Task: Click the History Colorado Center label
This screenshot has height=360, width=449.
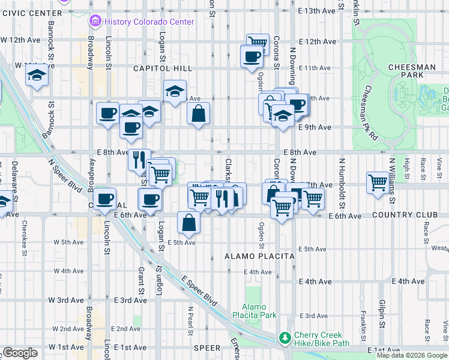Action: pyautogui.click(x=149, y=22)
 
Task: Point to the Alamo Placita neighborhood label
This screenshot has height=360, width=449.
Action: pyautogui.click(x=259, y=256)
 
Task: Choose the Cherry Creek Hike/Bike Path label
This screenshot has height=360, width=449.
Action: pyautogui.click(x=322, y=339)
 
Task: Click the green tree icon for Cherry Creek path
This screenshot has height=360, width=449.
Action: pyautogui.click(x=285, y=339)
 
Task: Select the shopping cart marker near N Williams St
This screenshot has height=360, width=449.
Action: pyautogui.click(x=378, y=181)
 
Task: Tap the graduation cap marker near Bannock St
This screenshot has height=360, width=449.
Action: pyautogui.click(x=37, y=76)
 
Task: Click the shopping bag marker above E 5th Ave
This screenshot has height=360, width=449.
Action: pyautogui.click(x=189, y=223)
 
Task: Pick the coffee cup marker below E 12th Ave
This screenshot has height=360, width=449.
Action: pyautogui.click(x=252, y=57)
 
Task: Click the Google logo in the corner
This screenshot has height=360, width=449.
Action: pyautogui.click(x=20, y=353)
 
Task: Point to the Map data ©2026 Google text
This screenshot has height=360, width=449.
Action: pyautogui.click(x=412, y=355)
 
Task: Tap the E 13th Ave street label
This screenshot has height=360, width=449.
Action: pyautogui.click(x=316, y=11)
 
